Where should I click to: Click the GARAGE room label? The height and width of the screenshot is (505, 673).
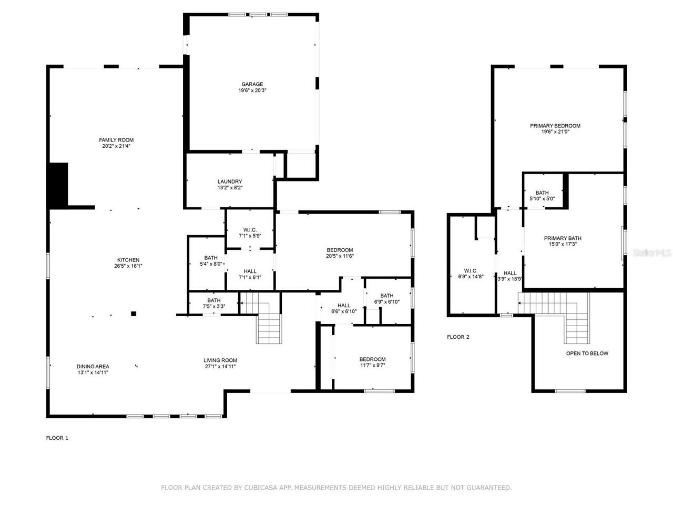[x=252, y=84]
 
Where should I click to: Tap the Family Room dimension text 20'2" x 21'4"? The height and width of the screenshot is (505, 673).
[x=116, y=146]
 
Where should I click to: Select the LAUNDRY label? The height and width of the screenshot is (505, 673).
[x=230, y=181]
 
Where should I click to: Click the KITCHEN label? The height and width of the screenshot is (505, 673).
[x=128, y=260]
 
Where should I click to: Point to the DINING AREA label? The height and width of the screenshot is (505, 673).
[x=93, y=367]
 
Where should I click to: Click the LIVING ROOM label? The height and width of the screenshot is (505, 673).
[x=220, y=360]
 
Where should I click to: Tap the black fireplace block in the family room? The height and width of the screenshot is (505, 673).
[x=58, y=185]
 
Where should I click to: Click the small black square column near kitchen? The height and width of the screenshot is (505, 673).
[x=134, y=314]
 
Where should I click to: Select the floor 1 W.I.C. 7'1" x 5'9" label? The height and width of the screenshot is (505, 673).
[x=250, y=233]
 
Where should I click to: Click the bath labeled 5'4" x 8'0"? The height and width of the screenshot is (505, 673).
[x=211, y=260]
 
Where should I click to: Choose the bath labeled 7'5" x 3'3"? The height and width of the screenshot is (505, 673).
[x=214, y=303]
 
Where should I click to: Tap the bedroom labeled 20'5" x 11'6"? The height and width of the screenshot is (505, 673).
[x=340, y=253]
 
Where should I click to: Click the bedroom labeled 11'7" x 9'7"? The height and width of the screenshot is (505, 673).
[x=373, y=362]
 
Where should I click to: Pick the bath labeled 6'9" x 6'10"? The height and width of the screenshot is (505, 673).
[x=387, y=298]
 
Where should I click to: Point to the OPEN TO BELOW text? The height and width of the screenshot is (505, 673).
[x=587, y=353]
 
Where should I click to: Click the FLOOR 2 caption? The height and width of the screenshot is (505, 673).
[x=458, y=337]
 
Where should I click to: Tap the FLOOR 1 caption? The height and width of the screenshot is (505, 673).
[x=57, y=438]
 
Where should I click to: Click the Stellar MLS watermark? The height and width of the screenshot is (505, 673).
[x=652, y=253]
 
